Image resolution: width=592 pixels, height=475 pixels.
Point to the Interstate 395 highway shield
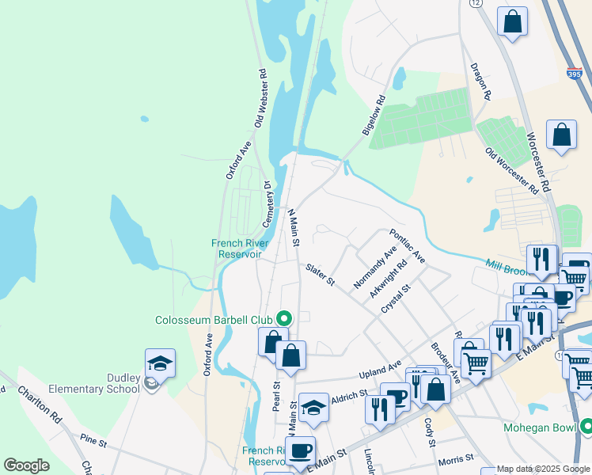coord(575,74)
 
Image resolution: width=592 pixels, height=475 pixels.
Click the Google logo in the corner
coord(26,465)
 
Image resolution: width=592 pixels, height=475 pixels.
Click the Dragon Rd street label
coord(480,82)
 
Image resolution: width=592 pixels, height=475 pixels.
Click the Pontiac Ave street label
coord(407,246)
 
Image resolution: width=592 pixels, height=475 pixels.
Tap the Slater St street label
coord(321,276)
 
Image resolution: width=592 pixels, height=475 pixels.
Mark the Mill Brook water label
coord(505,264)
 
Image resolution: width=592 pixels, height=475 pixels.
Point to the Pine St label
coord(93,437)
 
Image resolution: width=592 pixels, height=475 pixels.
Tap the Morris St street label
coord(457,458)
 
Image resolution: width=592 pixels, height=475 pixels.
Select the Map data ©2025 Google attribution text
coord(535,469)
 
